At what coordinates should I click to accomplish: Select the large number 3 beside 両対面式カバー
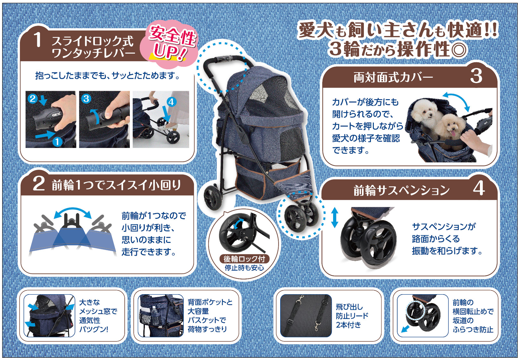pyautogui.click(x=476, y=76)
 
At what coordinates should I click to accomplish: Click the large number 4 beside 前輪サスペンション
pyautogui.click(x=479, y=188)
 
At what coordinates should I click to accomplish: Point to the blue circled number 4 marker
pyautogui.click(x=172, y=102)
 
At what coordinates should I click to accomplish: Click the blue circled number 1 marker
pyautogui.click(x=57, y=141)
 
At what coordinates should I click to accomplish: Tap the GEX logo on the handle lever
pyautogui.click(x=56, y=114)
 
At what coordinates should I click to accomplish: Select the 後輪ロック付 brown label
pyautogui.click(x=244, y=259)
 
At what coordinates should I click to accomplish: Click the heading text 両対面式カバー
pyautogui.click(x=393, y=77)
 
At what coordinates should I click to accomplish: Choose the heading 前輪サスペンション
pyautogui.click(x=402, y=190)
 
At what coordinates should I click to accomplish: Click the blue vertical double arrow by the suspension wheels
pyautogui.click(x=334, y=218)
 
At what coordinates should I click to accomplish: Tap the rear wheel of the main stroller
pyautogui.click(x=213, y=198)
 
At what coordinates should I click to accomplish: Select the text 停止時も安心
pyautogui.click(x=244, y=268)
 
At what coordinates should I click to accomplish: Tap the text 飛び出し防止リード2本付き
pyautogui.click(x=352, y=316)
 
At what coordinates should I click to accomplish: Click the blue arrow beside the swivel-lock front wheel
pyautogui.click(x=405, y=329)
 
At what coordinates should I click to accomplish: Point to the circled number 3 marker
pyautogui.click(x=86, y=99)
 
